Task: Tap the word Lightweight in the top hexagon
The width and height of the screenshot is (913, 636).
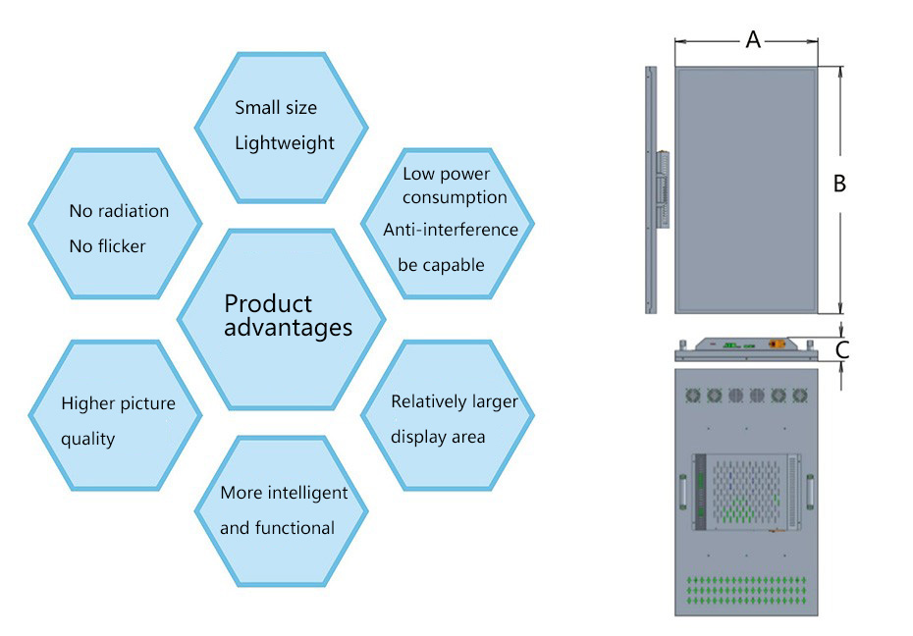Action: (285, 143)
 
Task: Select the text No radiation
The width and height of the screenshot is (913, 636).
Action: (119, 211)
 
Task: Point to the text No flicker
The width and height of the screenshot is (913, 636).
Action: (107, 246)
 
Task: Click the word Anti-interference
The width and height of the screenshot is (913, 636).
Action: (451, 230)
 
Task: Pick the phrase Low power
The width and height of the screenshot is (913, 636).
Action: (446, 174)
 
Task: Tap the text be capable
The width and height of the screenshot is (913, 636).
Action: (441, 265)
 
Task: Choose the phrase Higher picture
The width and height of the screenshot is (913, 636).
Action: (118, 403)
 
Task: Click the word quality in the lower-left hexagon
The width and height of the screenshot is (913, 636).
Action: (88, 439)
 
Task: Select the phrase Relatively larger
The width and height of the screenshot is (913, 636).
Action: (454, 401)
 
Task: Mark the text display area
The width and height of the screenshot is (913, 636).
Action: (438, 437)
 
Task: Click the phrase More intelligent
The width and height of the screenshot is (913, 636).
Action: (284, 493)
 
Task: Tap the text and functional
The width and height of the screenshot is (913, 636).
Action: (277, 528)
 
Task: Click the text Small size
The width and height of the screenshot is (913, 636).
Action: (276, 107)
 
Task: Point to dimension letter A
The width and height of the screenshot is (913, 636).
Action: (753, 39)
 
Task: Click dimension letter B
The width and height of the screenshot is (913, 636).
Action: (839, 184)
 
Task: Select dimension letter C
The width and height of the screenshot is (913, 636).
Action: (842, 348)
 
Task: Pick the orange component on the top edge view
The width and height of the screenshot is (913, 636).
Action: (777, 344)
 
